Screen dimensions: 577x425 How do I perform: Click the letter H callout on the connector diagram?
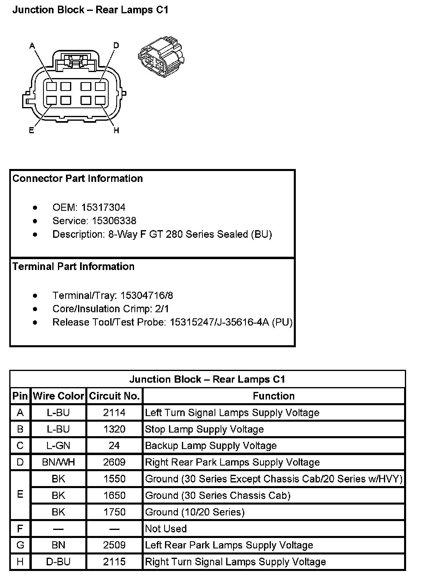[116, 130]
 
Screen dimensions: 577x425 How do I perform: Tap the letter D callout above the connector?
[116, 45]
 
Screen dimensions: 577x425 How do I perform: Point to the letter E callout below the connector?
[31, 130]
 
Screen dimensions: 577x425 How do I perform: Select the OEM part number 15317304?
[103, 208]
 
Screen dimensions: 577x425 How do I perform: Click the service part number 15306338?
[114, 221]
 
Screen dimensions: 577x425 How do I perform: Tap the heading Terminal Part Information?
[73, 266]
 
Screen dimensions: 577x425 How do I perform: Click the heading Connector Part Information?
[78, 179]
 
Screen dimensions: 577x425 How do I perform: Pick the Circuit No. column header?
[114, 396]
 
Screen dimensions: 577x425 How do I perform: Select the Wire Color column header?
[58, 396]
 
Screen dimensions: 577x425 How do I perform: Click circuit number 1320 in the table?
[114, 429]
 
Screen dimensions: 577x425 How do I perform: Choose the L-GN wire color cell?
[58, 446]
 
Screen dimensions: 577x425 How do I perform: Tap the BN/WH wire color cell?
[58, 462]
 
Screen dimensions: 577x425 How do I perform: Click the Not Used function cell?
[166, 529]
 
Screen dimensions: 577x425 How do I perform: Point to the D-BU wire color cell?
[58, 562]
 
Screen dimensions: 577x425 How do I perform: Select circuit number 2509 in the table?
[114, 545]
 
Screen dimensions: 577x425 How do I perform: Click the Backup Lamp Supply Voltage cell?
[211, 446]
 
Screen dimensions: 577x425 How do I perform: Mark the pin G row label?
[20, 545]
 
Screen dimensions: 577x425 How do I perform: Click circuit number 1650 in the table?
[114, 495]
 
